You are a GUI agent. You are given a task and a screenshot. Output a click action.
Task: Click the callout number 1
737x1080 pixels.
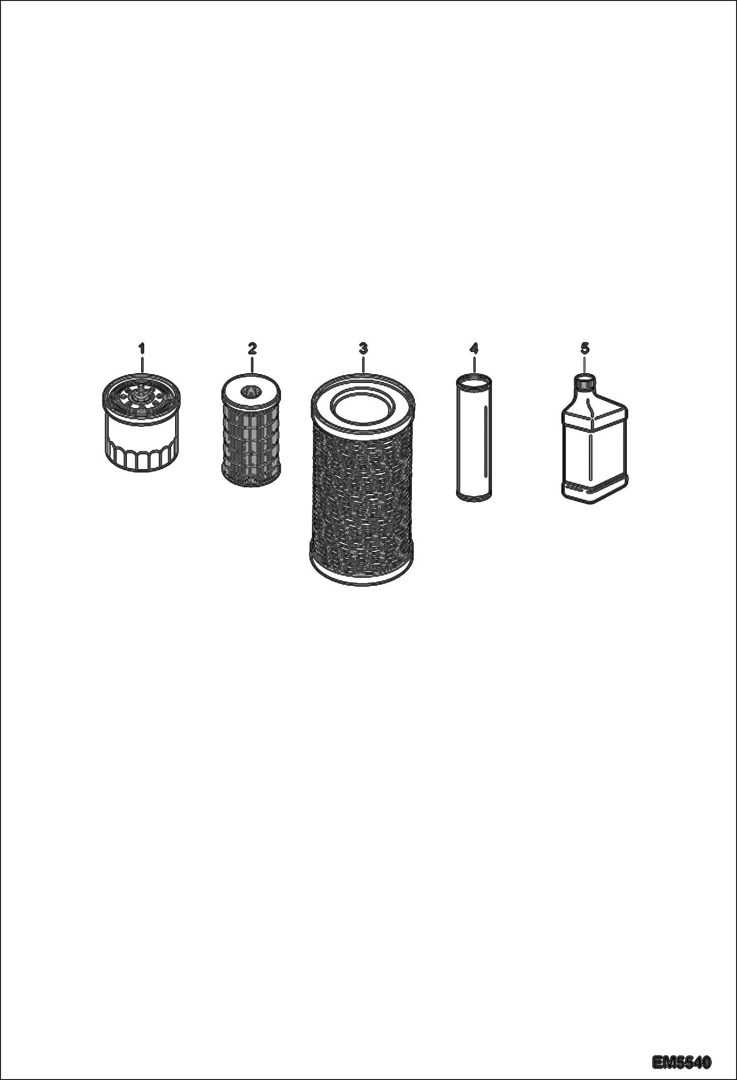click(142, 349)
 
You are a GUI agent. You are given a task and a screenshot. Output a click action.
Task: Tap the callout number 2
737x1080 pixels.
click(252, 349)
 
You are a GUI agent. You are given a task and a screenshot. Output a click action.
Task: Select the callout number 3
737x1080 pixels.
click(363, 349)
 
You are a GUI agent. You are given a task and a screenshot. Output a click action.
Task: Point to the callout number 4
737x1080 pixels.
click(474, 349)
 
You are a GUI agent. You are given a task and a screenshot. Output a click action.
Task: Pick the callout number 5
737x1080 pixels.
click(584, 349)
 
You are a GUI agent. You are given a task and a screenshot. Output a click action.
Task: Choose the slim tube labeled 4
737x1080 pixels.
click(473, 437)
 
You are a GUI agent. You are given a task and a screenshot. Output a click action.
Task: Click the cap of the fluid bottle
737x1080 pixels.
click(585, 381)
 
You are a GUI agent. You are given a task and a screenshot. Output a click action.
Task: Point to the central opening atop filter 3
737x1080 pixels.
click(362, 401)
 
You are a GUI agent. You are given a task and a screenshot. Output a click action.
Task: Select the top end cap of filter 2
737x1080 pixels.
click(251, 389)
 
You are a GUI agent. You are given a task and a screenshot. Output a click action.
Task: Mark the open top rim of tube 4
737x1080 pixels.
click(473, 379)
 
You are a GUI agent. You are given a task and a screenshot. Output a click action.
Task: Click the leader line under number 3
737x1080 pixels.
click(363, 363)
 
